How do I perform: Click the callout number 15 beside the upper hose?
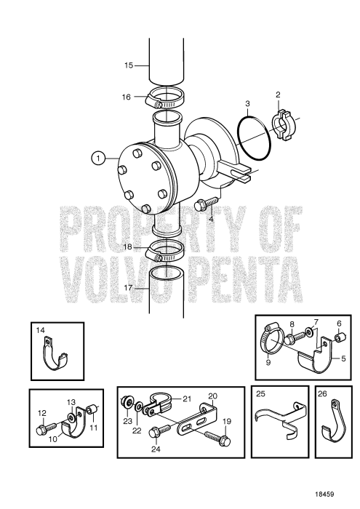pyautogui.click(x=128, y=65)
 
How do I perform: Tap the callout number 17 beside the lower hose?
pyautogui.click(x=128, y=288)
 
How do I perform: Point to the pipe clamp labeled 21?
pyautogui.click(x=161, y=404)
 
